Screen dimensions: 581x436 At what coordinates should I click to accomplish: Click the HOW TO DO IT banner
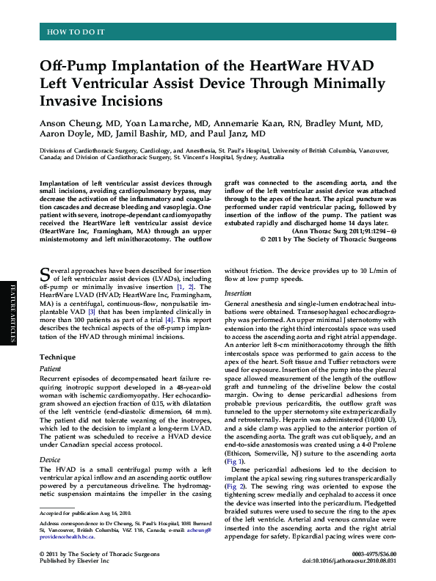click(76, 32)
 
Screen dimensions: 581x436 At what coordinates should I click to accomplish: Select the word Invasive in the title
click(75, 100)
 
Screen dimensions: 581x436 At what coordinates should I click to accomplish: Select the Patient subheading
click(51, 390)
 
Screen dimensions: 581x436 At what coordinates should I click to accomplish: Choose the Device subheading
click(50, 460)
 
